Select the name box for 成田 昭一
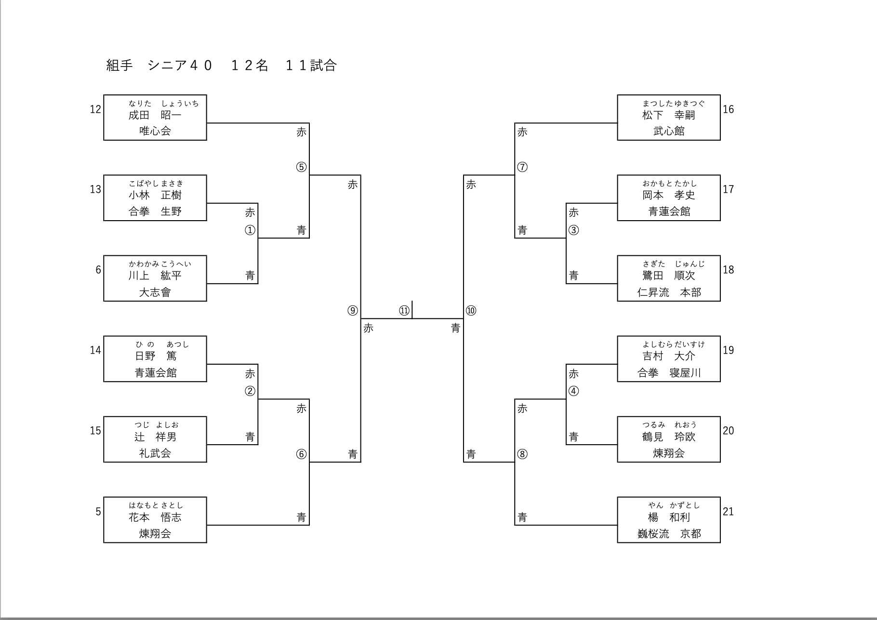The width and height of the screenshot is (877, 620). (155, 118)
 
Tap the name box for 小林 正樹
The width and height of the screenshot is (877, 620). (155, 198)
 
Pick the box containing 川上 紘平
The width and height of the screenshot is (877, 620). (155, 278)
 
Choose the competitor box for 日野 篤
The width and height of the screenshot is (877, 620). (155, 359)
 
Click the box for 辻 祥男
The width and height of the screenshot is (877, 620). (155, 439)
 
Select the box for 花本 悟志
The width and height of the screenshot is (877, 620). (155, 520)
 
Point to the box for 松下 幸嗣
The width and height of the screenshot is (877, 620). (669, 118)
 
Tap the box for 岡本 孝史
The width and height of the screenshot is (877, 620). (669, 198)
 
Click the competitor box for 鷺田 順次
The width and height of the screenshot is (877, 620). (669, 278)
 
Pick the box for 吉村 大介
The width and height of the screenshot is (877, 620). (669, 359)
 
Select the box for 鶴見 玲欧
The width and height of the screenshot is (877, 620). (669, 439)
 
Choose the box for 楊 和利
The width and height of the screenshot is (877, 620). (669, 520)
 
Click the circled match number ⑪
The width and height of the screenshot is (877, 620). (404, 311)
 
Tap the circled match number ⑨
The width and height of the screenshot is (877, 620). (353, 311)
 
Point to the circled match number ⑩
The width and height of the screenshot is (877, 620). (471, 311)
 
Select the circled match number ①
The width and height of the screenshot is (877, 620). (250, 230)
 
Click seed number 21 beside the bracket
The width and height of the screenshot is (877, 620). (728, 512)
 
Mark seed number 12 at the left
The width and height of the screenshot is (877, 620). (95, 109)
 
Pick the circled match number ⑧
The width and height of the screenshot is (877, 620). (522, 454)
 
